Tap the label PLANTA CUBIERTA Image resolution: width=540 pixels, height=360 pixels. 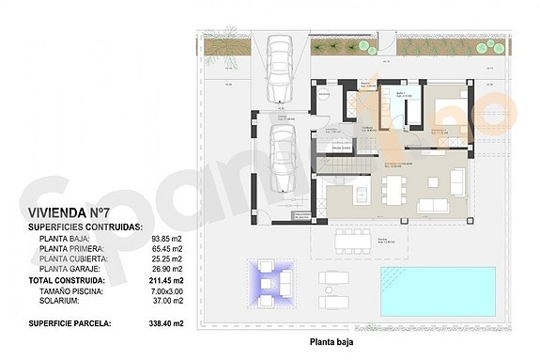point(68,258)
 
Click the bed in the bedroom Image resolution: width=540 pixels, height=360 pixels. point(447,106)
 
